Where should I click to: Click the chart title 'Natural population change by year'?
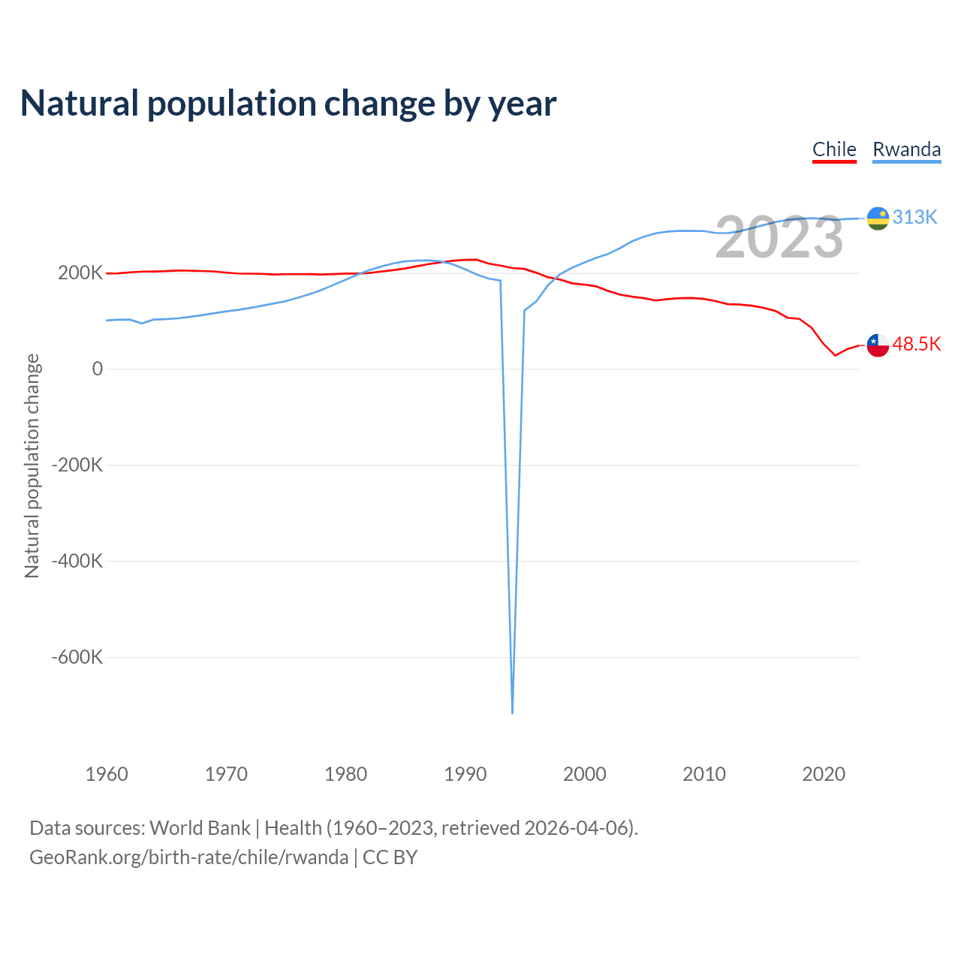click(288, 104)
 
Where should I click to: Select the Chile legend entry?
click(834, 149)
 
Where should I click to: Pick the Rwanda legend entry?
click(906, 149)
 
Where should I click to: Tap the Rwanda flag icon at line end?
click(878, 218)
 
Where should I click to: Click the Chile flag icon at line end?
click(878, 345)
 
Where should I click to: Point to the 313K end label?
click(915, 217)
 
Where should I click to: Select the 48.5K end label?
click(917, 344)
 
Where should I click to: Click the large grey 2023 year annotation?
click(779, 237)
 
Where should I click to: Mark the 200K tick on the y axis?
click(80, 273)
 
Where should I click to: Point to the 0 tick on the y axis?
click(98, 369)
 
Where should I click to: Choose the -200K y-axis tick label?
click(77, 465)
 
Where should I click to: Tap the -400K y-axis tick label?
click(77, 561)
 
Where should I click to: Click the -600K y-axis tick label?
click(77, 657)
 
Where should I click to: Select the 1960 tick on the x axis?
click(107, 774)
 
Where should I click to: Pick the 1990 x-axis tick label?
click(465, 774)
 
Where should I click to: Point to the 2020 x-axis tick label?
click(824, 774)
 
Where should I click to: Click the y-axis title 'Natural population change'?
click(32, 466)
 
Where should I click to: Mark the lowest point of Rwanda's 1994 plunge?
click(512, 712)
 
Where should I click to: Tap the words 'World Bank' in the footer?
click(200, 828)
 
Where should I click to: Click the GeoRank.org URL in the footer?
click(188, 857)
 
